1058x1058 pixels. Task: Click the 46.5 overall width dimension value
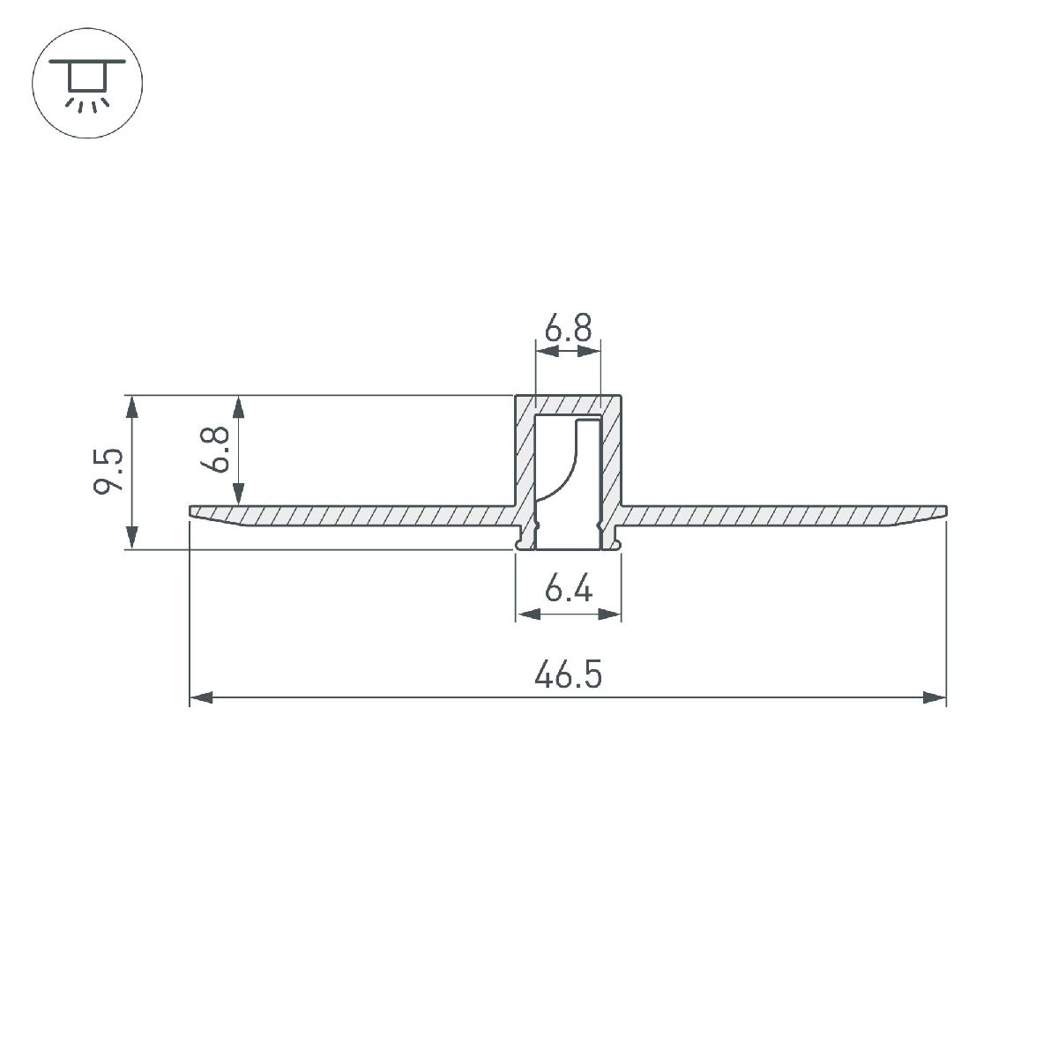tap(568, 676)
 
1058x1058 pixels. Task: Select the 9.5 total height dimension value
tap(108, 472)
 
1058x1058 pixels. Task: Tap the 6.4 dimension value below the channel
tap(568, 590)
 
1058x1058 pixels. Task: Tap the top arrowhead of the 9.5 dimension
tap(132, 406)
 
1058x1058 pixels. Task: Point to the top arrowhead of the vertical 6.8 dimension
tap(237, 406)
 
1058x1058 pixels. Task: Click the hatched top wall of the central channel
tap(568, 405)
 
